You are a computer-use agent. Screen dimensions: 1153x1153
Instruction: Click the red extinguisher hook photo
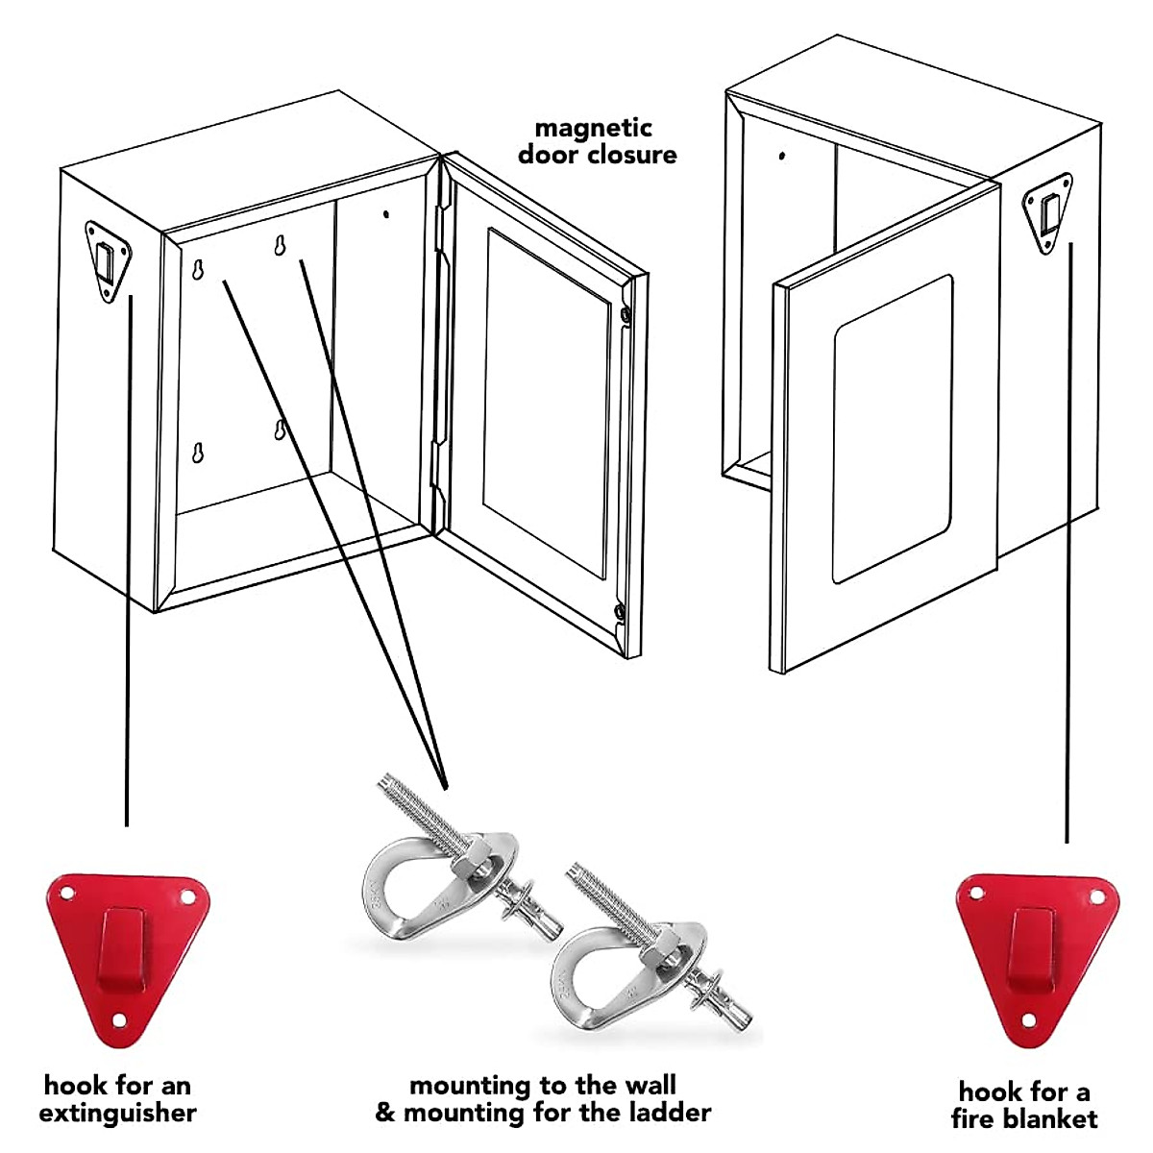[x=127, y=956]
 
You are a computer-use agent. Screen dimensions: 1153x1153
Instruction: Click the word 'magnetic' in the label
[x=594, y=128]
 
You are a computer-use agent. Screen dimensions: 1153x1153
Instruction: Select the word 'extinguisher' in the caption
[x=117, y=1114]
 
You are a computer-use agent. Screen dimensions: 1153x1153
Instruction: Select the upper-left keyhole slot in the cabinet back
[x=197, y=270]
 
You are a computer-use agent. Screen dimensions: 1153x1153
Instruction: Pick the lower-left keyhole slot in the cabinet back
[x=198, y=453]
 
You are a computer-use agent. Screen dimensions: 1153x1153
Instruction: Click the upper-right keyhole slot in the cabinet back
[x=279, y=247]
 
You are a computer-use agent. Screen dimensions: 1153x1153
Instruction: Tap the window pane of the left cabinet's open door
[x=546, y=404]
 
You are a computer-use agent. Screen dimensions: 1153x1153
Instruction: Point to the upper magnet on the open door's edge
[x=626, y=314]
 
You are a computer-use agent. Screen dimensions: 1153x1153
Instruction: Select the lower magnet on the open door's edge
[x=620, y=610]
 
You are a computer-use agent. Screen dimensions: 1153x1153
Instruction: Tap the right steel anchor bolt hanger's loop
[x=586, y=980]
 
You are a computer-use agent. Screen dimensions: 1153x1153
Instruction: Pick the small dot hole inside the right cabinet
[x=782, y=155]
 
